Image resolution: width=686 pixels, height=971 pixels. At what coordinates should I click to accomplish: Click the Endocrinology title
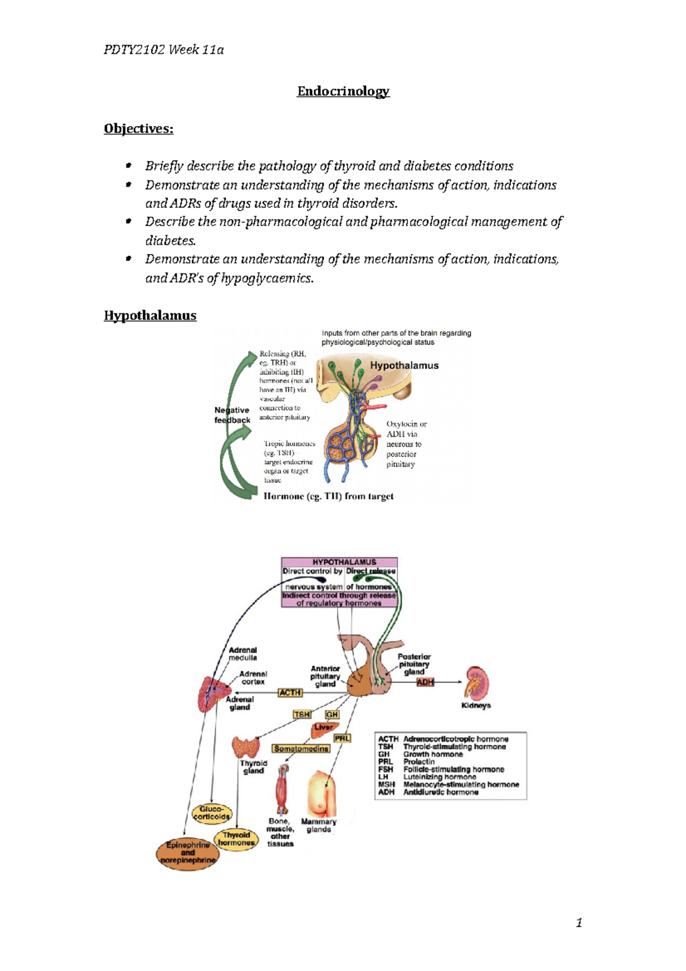pyautogui.click(x=343, y=91)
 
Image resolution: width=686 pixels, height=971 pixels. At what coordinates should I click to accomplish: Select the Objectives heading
pyautogui.click(x=138, y=129)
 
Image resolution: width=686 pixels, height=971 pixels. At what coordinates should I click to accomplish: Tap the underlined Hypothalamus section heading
pyautogui.click(x=150, y=316)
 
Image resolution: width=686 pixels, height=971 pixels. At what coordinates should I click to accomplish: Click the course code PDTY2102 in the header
pyautogui.click(x=134, y=50)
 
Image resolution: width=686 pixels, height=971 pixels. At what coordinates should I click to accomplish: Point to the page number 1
pyautogui.click(x=579, y=922)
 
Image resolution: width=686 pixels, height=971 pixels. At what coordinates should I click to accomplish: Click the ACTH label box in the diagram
pyautogui.click(x=290, y=693)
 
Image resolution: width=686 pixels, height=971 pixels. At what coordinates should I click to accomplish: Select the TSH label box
pyautogui.click(x=301, y=714)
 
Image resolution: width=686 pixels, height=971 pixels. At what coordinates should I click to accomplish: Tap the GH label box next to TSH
pyautogui.click(x=332, y=714)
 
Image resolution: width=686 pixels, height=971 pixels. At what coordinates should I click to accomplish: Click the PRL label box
pyautogui.click(x=342, y=738)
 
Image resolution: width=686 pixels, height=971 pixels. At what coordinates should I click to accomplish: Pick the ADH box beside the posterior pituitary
pyautogui.click(x=425, y=682)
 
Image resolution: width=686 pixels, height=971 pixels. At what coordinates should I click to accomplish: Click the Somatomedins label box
pyautogui.click(x=301, y=749)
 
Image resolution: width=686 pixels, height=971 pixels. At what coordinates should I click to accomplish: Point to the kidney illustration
pyautogui.click(x=476, y=683)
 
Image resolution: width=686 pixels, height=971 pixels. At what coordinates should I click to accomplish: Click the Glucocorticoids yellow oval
pyautogui.click(x=212, y=813)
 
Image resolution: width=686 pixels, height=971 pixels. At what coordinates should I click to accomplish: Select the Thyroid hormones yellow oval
pyautogui.click(x=236, y=839)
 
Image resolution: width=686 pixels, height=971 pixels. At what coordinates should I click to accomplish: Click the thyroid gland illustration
pyautogui.click(x=245, y=747)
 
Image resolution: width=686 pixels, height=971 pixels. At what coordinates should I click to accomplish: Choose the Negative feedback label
pyautogui.click(x=232, y=415)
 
